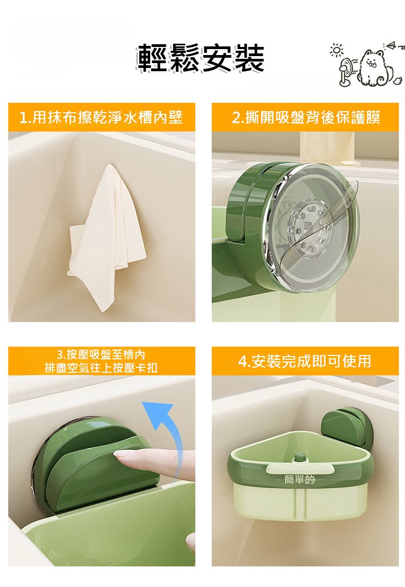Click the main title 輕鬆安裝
tap(201, 58)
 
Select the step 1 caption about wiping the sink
tap(101, 117)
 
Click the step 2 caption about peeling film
tap(306, 117)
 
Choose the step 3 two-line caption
tap(101, 361)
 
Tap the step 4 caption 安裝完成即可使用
tap(305, 361)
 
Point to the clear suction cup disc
tap(313, 227)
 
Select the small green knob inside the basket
tap(298, 458)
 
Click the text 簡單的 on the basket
tap(299, 479)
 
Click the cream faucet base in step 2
tap(327, 148)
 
